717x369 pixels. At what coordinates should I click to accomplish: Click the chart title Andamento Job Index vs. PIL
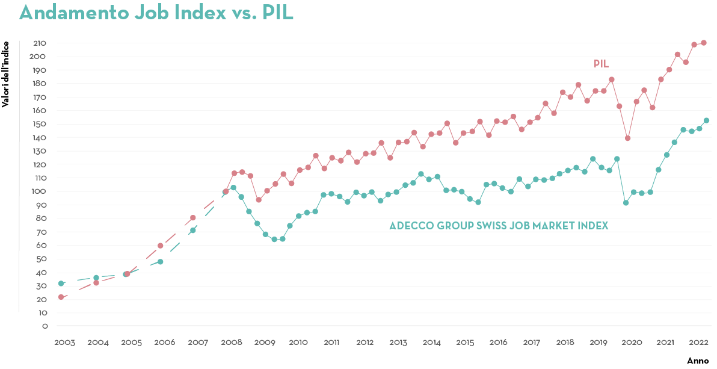156,13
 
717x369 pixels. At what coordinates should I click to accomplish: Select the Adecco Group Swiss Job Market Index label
499,226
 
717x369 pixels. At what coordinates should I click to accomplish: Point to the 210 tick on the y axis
40,43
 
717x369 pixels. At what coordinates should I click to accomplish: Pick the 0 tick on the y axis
45,326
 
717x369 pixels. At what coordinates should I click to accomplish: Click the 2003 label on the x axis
64,343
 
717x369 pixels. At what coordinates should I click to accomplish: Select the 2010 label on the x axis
298,343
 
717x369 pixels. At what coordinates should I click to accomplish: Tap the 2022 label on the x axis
698,343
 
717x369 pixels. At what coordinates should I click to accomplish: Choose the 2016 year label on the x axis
498,343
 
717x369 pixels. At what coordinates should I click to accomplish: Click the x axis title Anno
698,360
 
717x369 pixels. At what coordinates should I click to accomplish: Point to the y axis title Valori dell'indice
5,74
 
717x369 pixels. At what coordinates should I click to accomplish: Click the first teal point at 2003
61,283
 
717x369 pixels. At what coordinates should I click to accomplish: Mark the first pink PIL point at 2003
61,297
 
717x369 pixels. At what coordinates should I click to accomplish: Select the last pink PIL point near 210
704,43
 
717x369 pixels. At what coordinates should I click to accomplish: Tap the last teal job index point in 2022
706,120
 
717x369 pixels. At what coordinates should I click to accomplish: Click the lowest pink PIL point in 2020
627,138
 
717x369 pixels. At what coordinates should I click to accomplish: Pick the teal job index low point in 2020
626,203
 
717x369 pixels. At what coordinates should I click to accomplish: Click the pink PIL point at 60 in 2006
160,246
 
